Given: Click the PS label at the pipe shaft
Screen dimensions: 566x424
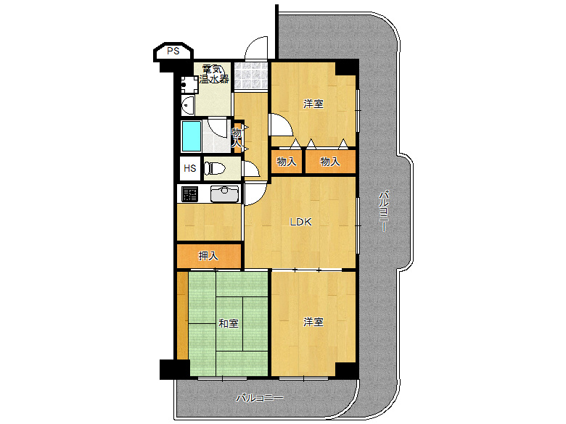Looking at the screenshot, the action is pos(173,51).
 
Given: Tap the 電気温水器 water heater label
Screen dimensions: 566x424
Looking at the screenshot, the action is pos(214,74).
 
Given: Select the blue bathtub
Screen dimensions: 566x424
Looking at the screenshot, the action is pos(192,136).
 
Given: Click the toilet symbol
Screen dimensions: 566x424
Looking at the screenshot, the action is pos(215,168).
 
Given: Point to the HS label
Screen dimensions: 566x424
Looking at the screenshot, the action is pos(190,168).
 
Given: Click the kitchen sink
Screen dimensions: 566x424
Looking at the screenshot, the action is pos(224,194).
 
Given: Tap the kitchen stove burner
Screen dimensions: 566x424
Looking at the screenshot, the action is pos(190,194).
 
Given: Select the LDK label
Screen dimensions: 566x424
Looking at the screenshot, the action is pos(300,222).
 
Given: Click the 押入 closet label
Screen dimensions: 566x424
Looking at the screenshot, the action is pos(208,256).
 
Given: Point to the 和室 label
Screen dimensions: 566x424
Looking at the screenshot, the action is pos(229,323).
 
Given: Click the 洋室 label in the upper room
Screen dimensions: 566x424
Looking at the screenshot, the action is pos(313,104).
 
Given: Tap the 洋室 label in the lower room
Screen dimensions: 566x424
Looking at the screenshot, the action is pos(313,322).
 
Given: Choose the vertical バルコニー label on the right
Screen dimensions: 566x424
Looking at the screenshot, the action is pos(383,212).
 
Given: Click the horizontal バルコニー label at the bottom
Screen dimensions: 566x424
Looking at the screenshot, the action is pos(260,398).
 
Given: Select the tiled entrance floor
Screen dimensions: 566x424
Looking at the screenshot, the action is pos(251,76).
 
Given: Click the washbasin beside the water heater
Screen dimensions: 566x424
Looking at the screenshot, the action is pos(188,104).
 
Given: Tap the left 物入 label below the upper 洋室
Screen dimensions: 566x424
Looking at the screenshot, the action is pos(287,162).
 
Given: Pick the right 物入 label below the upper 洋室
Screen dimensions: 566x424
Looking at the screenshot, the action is pos(330,162).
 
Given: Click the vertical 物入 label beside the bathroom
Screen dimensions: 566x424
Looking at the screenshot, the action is pos(237,137).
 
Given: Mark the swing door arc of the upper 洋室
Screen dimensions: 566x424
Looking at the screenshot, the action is pos(286,121).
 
